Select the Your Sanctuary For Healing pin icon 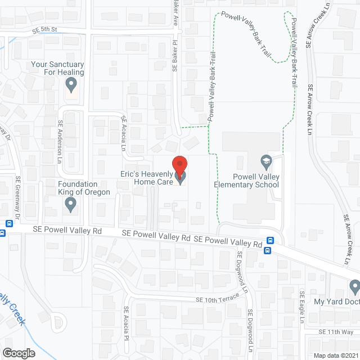(71, 85)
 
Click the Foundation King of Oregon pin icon (71, 205)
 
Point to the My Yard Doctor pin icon (354, 287)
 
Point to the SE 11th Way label (335, 332)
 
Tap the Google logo (18, 353)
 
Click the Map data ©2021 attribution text (335, 355)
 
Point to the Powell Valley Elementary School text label (247, 180)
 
